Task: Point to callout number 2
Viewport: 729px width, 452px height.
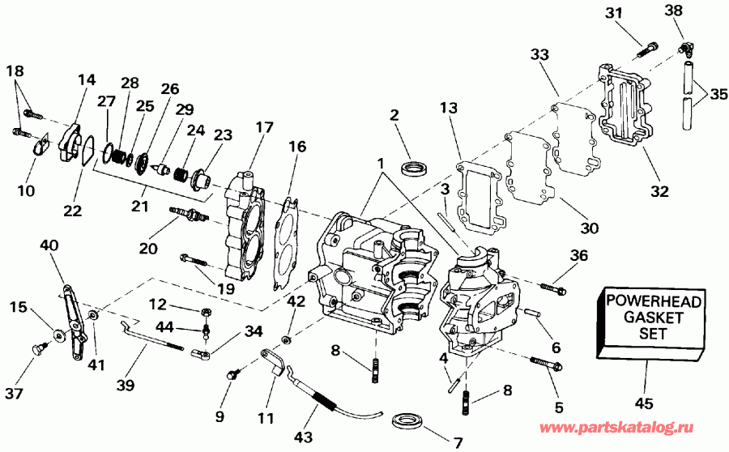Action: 394,116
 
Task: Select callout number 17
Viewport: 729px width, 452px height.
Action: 265,127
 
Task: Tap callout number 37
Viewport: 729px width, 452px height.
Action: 14,394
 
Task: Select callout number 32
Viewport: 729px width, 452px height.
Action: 659,192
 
